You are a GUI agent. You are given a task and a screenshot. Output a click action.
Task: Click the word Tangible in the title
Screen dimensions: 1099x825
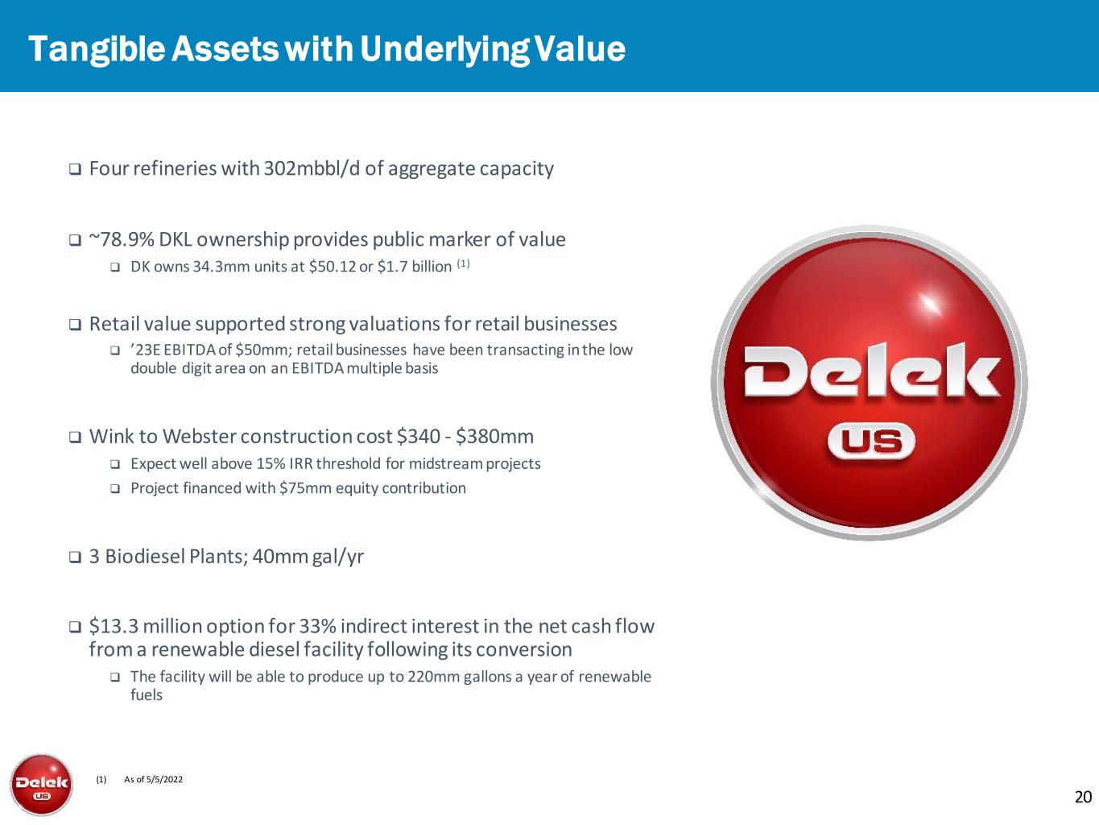(x=97, y=50)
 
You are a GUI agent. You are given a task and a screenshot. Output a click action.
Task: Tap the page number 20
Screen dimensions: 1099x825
(x=1083, y=797)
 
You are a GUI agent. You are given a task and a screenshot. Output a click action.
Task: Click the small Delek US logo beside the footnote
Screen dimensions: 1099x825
(x=42, y=785)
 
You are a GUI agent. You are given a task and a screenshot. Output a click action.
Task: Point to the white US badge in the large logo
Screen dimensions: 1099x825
(x=871, y=442)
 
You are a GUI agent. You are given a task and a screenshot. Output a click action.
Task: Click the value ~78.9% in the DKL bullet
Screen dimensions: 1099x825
(x=122, y=239)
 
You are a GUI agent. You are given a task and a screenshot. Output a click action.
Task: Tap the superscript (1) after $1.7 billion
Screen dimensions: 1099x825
(x=463, y=263)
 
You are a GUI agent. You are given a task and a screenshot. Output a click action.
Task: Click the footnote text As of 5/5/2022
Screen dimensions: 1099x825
(x=153, y=779)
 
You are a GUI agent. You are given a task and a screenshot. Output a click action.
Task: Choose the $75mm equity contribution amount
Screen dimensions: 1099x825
(x=305, y=488)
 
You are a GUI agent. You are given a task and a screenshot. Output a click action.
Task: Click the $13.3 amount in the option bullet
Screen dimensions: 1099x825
(x=114, y=626)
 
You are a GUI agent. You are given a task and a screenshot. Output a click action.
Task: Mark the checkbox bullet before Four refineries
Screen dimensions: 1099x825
(x=75, y=169)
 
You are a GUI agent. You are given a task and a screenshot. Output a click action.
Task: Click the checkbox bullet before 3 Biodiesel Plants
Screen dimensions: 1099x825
(x=75, y=557)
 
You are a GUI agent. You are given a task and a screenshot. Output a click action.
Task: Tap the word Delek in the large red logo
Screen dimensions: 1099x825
(x=872, y=371)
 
